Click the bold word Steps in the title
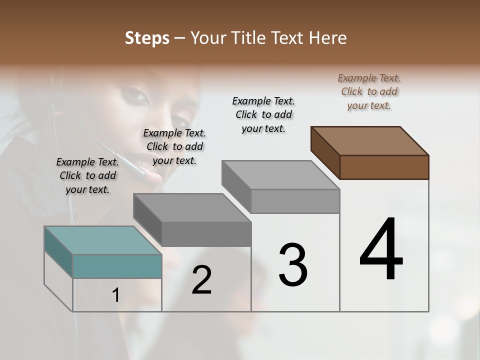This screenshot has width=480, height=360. pyautogui.click(x=147, y=38)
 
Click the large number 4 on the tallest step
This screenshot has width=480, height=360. pyautogui.click(x=381, y=249)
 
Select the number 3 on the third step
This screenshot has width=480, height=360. pyautogui.click(x=292, y=265)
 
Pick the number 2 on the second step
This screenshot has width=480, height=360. pyautogui.click(x=201, y=280)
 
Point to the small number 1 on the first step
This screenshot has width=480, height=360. pyautogui.click(x=115, y=295)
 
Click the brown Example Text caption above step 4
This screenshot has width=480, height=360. pyautogui.click(x=369, y=91)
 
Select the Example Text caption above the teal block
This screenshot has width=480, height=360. pyautogui.click(x=87, y=175)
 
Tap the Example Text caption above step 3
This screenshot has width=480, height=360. pyautogui.click(x=263, y=114)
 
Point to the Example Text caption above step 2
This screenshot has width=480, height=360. pyautogui.click(x=174, y=146)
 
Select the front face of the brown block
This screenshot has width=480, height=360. pyautogui.click(x=384, y=167)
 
